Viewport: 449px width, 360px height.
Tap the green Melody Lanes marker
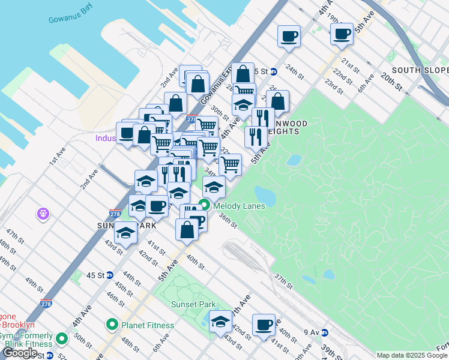click(204, 205)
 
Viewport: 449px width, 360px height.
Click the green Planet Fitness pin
click(111, 325)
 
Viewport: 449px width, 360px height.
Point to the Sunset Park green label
click(192, 304)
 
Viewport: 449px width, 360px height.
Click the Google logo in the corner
click(20, 353)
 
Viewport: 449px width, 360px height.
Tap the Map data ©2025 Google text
click(412, 355)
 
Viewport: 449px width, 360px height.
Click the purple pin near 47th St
click(43, 213)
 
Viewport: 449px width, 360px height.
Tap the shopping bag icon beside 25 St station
click(243, 74)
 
